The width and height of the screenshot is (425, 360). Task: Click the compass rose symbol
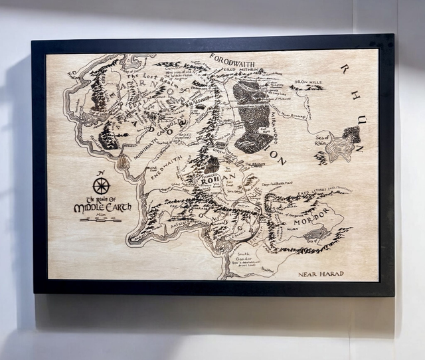[x=102, y=186]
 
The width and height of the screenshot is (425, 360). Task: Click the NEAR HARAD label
[x=321, y=274]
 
